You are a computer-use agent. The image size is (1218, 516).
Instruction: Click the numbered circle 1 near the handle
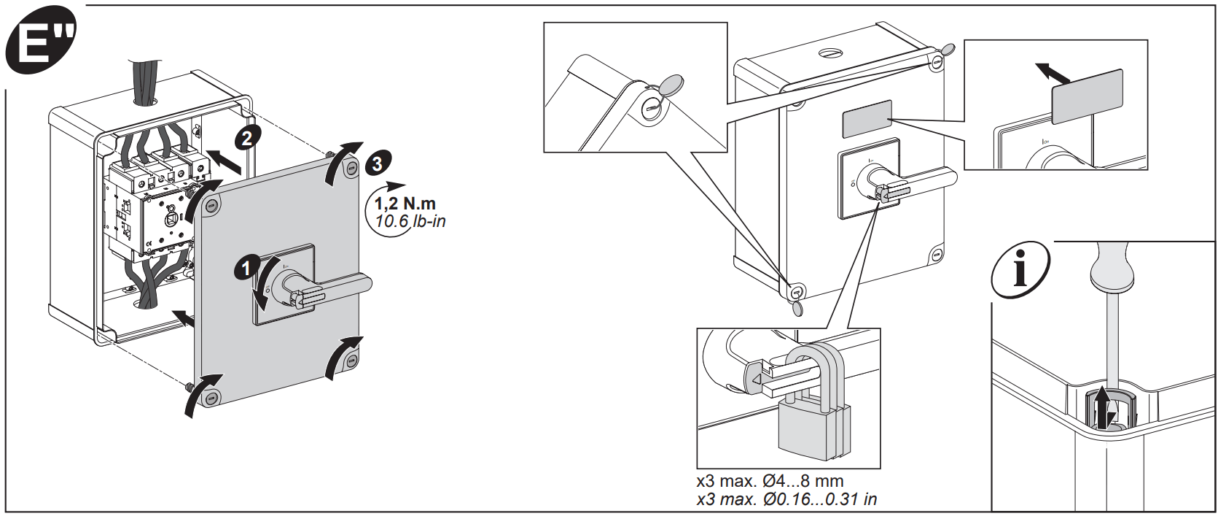(246, 268)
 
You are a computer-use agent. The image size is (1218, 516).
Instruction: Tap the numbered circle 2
(247, 138)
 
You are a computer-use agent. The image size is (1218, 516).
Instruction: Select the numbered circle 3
(378, 163)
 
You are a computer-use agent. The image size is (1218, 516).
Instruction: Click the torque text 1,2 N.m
(405, 204)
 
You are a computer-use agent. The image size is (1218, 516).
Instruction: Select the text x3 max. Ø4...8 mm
(770, 481)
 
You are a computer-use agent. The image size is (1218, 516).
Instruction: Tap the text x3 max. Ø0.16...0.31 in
(786, 499)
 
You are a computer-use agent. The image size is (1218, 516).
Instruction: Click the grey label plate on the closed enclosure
(867, 119)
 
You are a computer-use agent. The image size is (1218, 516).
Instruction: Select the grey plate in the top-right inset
(1086, 97)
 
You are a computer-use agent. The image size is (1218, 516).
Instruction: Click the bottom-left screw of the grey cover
(211, 398)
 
